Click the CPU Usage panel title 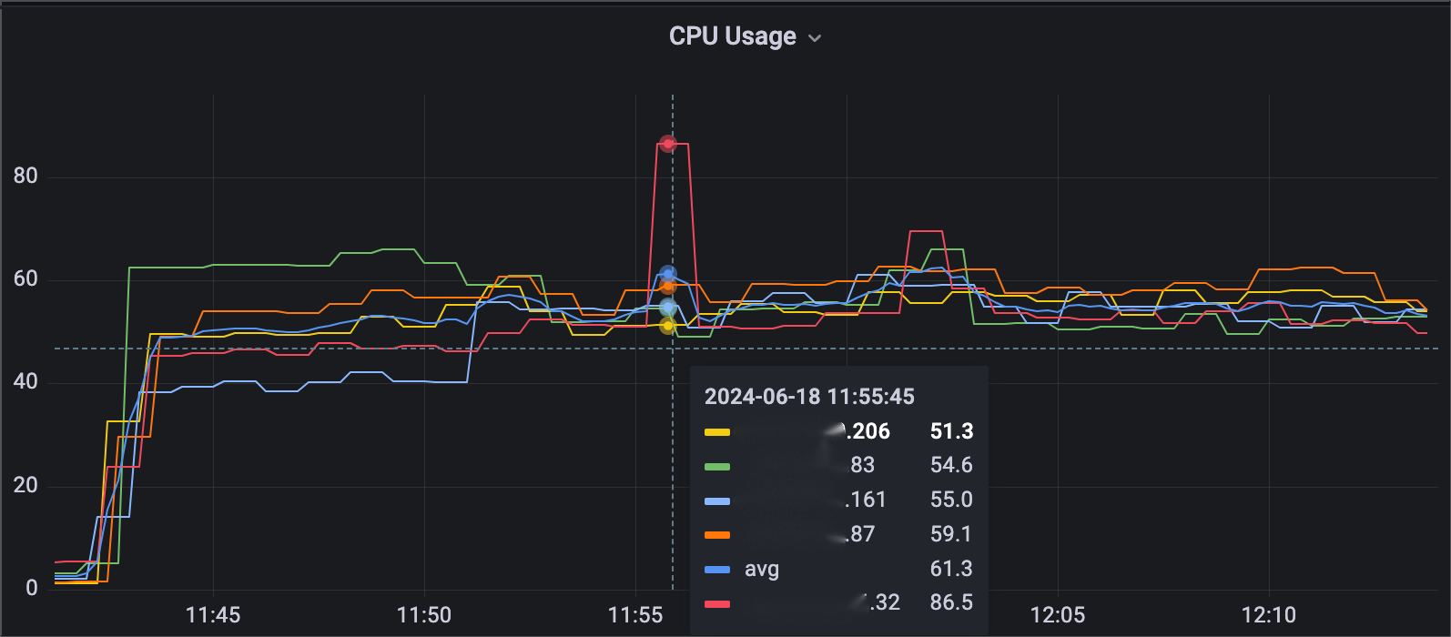(x=732, y=36)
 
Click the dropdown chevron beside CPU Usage (x=815, y=38)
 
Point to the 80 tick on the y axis (x=25, y=176)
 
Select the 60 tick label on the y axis (x=25, y=278)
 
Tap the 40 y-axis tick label (x=25, y=381)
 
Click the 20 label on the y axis (x=25, y=485)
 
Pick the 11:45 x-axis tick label (x=213, y=615)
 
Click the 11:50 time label (x=424, y=615)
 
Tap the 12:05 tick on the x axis (x=1058, y=615)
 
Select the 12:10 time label (x=1269, y=615)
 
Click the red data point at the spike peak (x=668, y=144)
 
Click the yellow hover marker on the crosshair (x=668, y=325)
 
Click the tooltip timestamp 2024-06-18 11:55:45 (x=809, y=397)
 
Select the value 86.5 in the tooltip (x=951, y=602)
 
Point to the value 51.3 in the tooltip (x=951, y=431)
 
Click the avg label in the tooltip (x=762, y=570)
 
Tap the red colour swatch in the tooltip (x=717, y=603)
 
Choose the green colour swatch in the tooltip (x=717, y=466)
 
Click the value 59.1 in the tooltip (x=951, y=534)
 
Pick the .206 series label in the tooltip (x=866, y=431)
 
